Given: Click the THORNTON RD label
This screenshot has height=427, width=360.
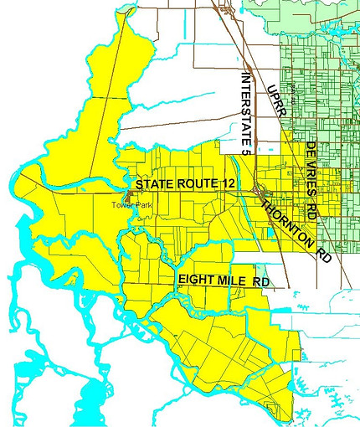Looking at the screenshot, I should [x=296, y=232].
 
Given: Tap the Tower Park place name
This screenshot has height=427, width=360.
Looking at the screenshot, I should [x=132, y=203].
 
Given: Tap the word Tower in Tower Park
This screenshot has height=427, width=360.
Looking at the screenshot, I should [x=124, y=203].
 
